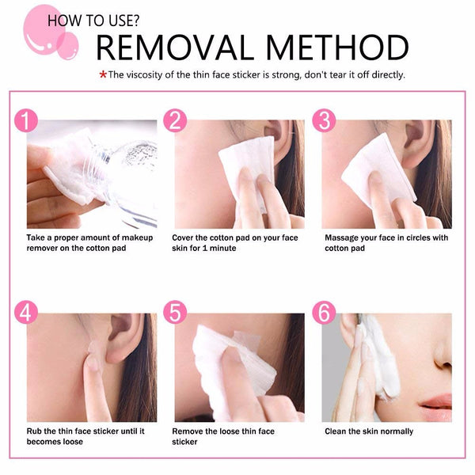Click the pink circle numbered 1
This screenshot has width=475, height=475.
[27, 120]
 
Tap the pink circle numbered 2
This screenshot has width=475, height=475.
[175, 120]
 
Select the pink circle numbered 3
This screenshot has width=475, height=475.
[323, 120]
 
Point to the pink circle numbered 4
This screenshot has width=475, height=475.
[27, 313]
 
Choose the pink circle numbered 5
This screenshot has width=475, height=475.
[175, 313]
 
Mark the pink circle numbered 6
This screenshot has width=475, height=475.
[323, 313]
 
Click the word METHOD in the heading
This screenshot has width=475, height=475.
[340, 47]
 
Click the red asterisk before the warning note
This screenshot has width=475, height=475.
[102, 75]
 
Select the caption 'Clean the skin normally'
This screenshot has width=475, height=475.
[369, 431]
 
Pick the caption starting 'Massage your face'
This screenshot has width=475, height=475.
[386, 242]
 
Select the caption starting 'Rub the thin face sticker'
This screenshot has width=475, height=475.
[85, 436]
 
